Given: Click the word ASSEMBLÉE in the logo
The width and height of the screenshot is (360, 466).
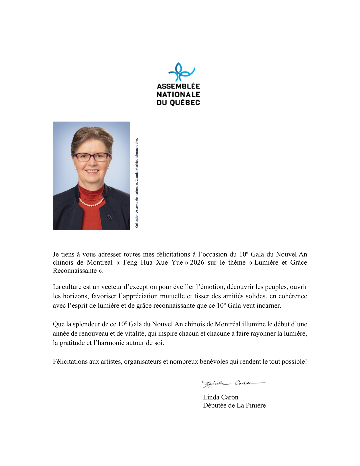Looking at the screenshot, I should (178, 86).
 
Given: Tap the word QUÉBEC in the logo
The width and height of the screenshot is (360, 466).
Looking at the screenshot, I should (185, 103).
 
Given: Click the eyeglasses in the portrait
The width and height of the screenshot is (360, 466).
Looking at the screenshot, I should (92, 157).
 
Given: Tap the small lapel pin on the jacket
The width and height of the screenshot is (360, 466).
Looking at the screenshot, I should (109, 218).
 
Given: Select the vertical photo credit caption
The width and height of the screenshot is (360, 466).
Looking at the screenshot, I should (137, 183).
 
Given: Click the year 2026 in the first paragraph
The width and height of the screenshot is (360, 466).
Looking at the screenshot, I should (197, 262).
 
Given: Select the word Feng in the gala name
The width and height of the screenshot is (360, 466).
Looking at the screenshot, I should (130, 262).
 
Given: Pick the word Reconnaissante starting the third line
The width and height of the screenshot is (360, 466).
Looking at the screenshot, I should (75, 271).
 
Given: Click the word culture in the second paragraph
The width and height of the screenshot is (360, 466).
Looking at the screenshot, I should (72, 287).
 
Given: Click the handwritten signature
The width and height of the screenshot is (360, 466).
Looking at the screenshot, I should (233, 384).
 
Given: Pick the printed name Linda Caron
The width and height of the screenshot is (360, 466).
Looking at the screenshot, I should (221, 397).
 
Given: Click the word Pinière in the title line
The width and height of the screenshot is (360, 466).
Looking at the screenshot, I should (256, 405).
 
